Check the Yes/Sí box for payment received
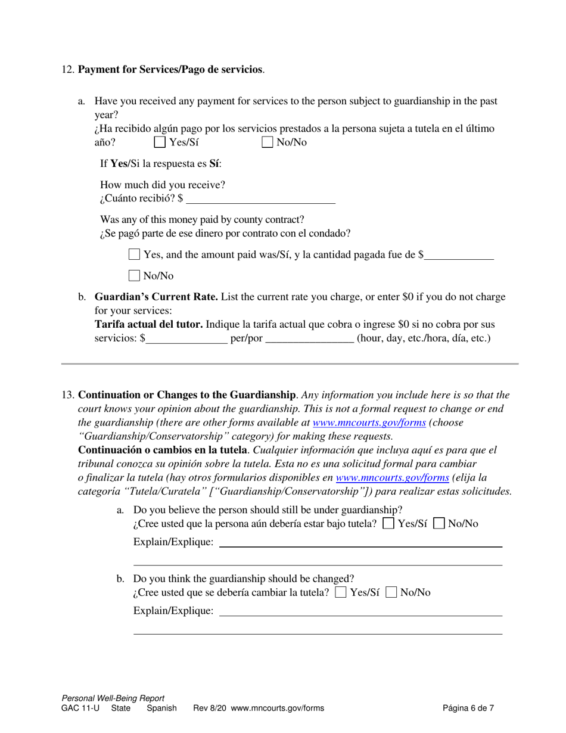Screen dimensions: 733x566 (160, 142)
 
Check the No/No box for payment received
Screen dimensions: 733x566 (268, 142)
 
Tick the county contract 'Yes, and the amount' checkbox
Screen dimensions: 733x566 (134, 254)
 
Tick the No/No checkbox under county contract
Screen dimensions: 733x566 (134, 275)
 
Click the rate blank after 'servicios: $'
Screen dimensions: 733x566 (186, 338)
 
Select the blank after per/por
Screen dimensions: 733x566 (309, 338)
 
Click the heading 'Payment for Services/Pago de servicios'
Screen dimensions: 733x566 (170, 70)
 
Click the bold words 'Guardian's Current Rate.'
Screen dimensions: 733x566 (156, 297)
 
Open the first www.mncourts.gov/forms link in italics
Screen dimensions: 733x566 (369, 423)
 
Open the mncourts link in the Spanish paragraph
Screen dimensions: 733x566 (392, 477)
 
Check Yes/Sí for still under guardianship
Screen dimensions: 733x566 (388, 524)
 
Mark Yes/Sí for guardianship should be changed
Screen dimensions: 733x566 (341, 592)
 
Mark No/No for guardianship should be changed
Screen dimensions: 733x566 (391, 592)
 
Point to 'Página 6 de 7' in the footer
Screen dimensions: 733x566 (468, 709)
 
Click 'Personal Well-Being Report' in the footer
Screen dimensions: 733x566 (113, 698)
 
